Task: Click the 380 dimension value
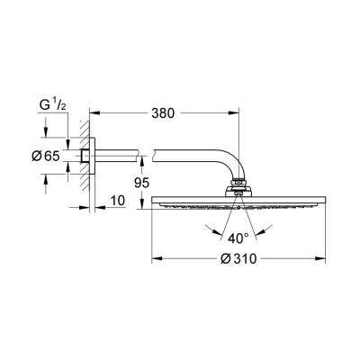[x=163, y=113]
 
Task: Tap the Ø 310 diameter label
[x=238, y=258]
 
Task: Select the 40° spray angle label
[x=238, y=238]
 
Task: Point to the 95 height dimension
[x=141, y=183]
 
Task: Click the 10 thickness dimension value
[x=117, y=201]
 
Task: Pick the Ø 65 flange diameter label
[x=46, y=156]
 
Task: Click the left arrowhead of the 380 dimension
[x=94, y=113]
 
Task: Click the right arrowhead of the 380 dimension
[x=234, y=113]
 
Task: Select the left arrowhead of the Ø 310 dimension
[x=157, y=258]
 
